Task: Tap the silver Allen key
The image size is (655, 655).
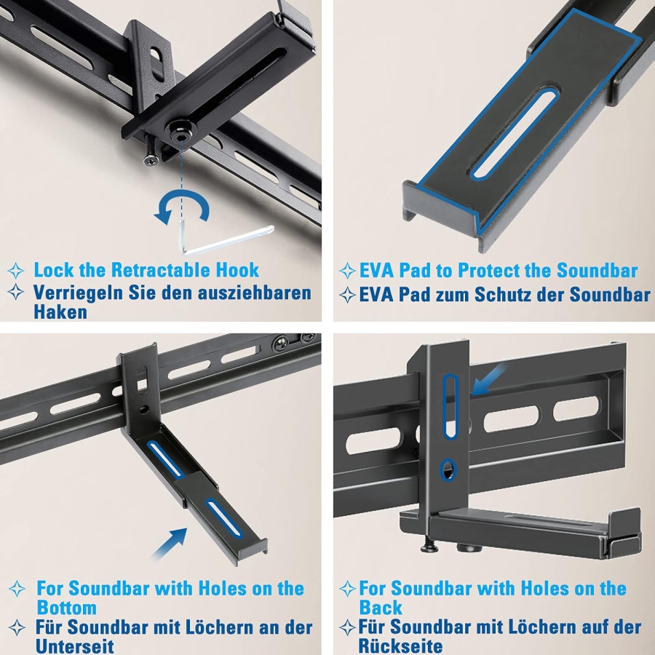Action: (x=218, y=237)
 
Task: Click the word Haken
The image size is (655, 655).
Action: (x=60, y=312)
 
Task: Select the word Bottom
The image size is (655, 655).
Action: (x=66, y=608)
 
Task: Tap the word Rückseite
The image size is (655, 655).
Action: (x=400, y=646)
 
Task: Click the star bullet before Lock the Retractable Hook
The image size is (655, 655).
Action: (x=15, y=271)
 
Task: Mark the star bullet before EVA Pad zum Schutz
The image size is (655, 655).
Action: (x=347, y=295)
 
